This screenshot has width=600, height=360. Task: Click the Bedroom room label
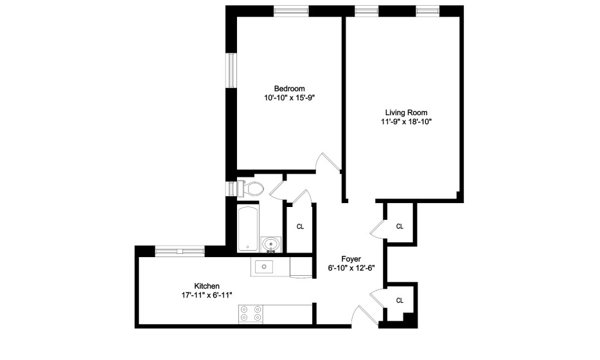(x=289, y=89)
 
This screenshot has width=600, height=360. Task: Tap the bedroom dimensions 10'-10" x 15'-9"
(x=289, y=98)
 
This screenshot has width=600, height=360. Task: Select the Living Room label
(x=406, y=113)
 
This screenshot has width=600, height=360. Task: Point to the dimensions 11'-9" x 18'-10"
(x=406, y=122)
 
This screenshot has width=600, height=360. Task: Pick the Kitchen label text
(x=207, y=286)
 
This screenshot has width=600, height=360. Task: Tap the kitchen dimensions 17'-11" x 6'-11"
(x=207, y=295)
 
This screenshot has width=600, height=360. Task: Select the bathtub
(x=247, y=228)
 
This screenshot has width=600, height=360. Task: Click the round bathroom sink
(x=271, y=244)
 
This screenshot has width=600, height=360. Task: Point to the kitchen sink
(x=264, y=266)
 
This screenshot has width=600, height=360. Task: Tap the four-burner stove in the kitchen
(x=251, y=314)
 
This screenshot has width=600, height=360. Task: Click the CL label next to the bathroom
(x=301, y=227)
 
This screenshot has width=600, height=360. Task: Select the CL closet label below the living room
(x=400, y=227)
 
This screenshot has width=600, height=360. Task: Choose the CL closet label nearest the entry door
(x=400, y=301)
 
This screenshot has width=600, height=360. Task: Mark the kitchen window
(x=180, y=251)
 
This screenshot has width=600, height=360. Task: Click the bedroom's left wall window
(x=231, y=71)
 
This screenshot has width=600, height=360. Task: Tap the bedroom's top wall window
(x=291, y=11)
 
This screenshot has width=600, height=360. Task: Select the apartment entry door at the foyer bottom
(x=365, y=316)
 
